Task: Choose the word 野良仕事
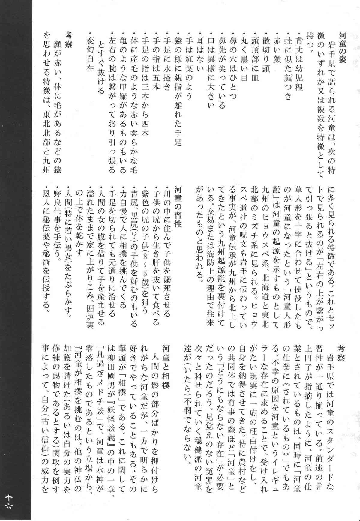tap(57, 207)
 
